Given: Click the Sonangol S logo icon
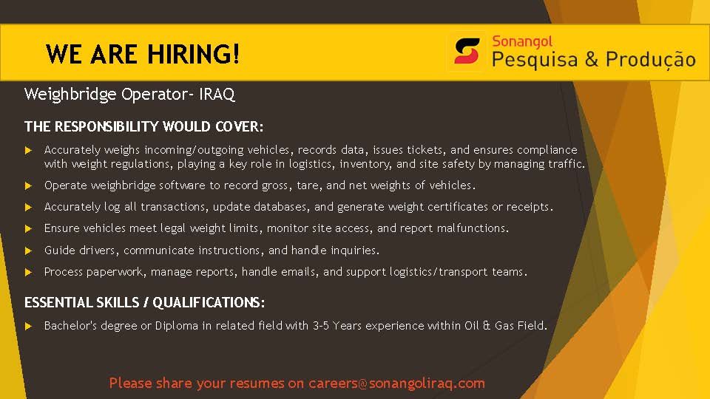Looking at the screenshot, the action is (x=467, y=51).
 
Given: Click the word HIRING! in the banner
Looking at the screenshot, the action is (x=193, y=54).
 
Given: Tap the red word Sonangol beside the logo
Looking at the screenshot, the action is (x=522, y=41).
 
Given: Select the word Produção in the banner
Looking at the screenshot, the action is (x=650, y=60).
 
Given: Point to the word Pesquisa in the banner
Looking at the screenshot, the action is (x=535, y=60).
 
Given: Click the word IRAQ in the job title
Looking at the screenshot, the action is (x=217, y=94).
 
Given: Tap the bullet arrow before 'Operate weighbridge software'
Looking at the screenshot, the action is (x=28, y=185).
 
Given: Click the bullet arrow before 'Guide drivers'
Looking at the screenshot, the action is (x=28, y=250).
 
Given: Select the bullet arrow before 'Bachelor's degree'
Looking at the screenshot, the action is (x=28, y=326).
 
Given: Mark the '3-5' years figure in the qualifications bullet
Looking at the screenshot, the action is (x=320, y=326).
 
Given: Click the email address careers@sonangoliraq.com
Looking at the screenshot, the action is (x=396, y=383).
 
